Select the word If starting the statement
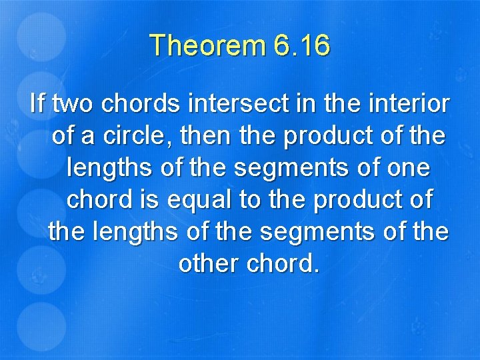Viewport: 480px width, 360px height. coord(37,105)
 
